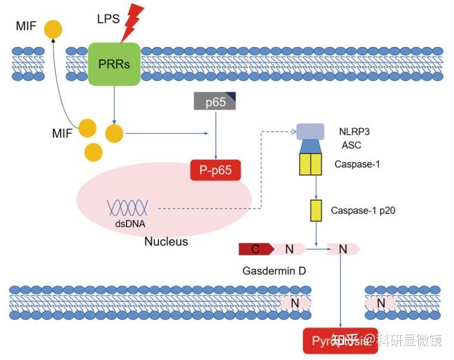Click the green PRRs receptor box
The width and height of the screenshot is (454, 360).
pos(114,63)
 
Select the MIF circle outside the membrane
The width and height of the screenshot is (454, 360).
pos(52,29)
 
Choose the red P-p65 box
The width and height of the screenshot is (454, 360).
pos(215,169)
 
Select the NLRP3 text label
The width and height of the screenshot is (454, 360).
pos(352,130)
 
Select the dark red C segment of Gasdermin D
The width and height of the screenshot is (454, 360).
pos(255,249)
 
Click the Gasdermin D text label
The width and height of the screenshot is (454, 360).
pos(274,271)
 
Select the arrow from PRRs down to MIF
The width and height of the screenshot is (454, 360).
pos(114,103)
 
